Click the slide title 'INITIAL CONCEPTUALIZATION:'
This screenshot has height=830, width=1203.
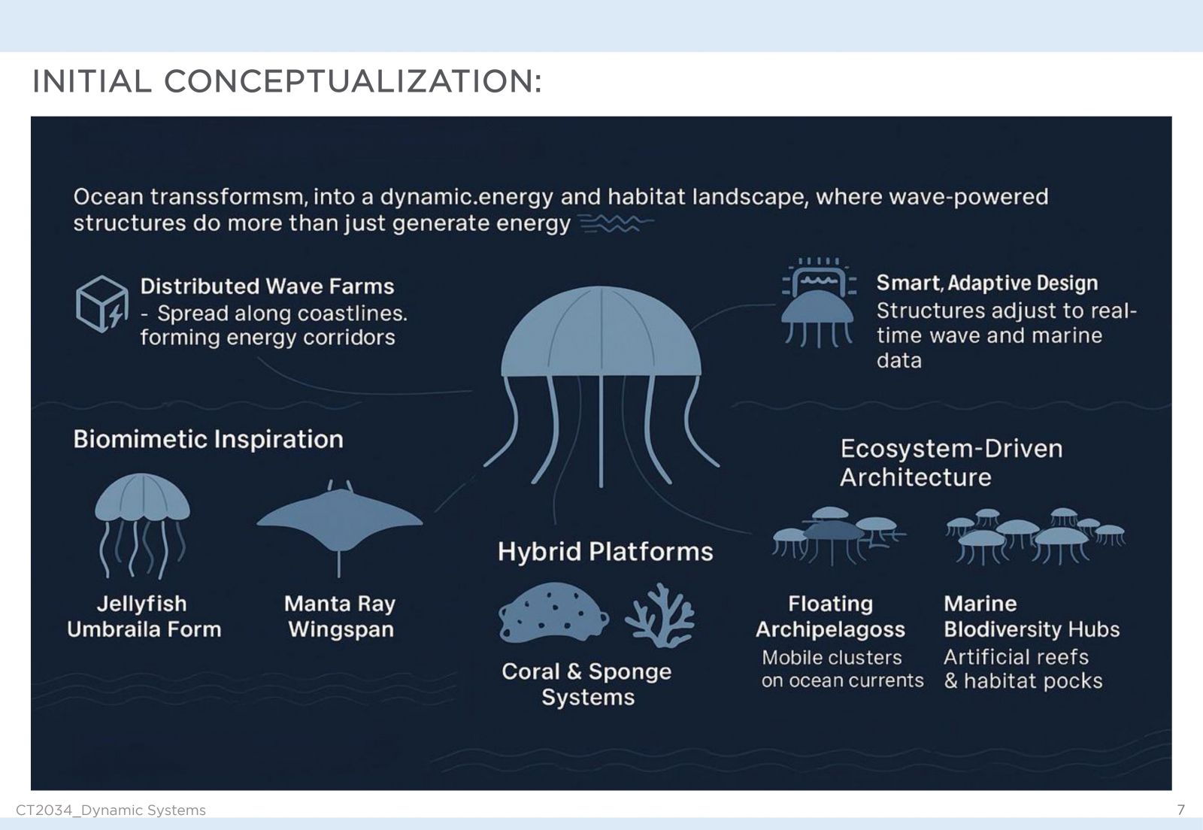click(x=286, y=82)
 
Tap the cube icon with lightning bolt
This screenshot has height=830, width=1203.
click(x=102, y=304)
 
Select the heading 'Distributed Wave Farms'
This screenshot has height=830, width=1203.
click(x=267, y=286)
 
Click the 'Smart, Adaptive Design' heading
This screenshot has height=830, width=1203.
click(x=987, y=283)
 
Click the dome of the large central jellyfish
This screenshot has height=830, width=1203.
click(x=601, y=333)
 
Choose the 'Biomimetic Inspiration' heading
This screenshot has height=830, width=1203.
click(x=208, y=439)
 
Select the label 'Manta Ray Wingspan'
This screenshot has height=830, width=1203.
click(x=340, y=616)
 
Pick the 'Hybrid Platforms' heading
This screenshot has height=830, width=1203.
click(x=605, y=551)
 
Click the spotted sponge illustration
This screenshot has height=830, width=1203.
click(x=553, y=613)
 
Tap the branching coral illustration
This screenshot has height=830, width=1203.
click(x=660, y=615)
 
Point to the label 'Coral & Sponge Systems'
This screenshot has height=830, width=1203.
click(x=587, y=684)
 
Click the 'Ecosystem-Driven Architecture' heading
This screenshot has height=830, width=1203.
click(x=951, y=463)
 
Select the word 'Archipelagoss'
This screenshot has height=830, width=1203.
click(x=830, y=629)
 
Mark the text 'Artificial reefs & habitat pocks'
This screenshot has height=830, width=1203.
click(x=1023, y=669)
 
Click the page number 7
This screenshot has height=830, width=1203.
click(x=1181, y=810)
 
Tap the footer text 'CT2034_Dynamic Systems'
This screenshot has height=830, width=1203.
click(x=111, y=810)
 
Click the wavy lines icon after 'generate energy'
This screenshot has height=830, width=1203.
click(x=617, y=223)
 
